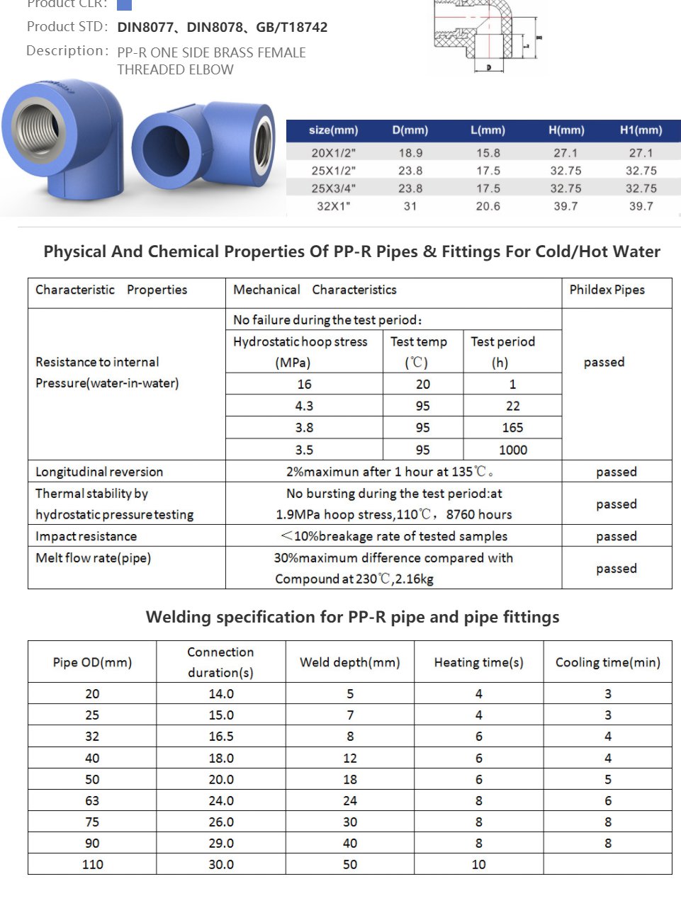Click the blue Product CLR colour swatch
point(124,4)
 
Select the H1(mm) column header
point(641,130)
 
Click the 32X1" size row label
point(333,206)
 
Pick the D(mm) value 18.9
point(410,153)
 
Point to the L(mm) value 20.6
point(488,206)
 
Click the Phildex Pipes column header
point(607,290)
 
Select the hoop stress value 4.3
point(304,406)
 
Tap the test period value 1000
point(512,450)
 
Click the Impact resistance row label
point(86,536)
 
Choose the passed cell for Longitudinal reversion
point(616,472)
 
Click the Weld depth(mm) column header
point(350,662)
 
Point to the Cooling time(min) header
point(607,662)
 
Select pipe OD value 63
point(92,800)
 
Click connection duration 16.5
point(221,737)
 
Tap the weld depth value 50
point(350,864)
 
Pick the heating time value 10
point(479,864)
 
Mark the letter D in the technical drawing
point(489,67)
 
